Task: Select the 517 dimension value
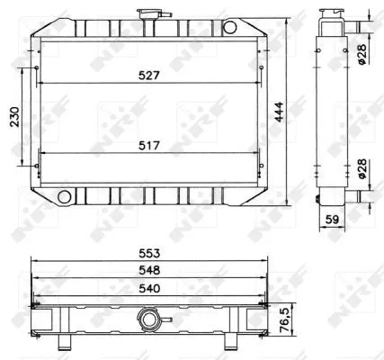(149, 143)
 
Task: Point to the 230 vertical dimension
(13, 117)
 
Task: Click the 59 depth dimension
(331, 218)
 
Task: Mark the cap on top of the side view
(330, 15)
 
